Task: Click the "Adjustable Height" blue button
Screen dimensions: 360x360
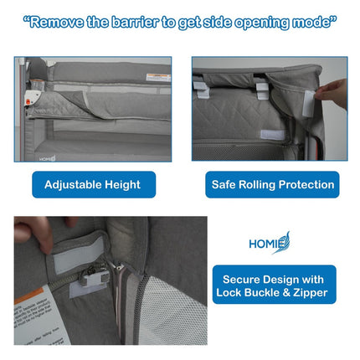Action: (x=93, y=184)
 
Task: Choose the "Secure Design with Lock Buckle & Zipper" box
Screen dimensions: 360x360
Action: (x=274, y=285)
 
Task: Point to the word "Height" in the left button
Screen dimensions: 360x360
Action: (x=121, y=184)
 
